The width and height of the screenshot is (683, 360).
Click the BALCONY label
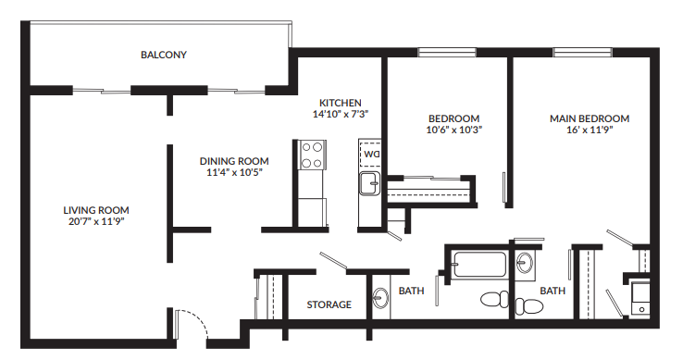[164, 55]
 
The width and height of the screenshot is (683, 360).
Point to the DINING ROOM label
[234, 161]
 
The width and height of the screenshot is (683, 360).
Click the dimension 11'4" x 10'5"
[234, 173]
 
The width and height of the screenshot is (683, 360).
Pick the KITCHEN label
[341, 103]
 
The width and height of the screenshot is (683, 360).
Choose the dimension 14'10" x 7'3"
[341, 115]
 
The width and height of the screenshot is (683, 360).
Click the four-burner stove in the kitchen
[313, 154]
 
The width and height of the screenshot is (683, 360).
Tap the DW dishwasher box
[371, 153]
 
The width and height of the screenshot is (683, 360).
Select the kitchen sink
[370, 182]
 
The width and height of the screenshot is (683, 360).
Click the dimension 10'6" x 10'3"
[453, 130]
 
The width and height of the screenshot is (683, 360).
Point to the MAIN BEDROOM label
[590, 118]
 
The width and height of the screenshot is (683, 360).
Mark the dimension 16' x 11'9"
[590, 130]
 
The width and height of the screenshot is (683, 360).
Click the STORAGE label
[329, 304]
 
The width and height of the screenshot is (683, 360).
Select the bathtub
[478, 265]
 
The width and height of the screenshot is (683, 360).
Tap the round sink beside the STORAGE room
[381, 299]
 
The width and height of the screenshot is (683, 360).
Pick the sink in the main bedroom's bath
[526, 264]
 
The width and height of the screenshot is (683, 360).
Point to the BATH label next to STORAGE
[412, 292]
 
